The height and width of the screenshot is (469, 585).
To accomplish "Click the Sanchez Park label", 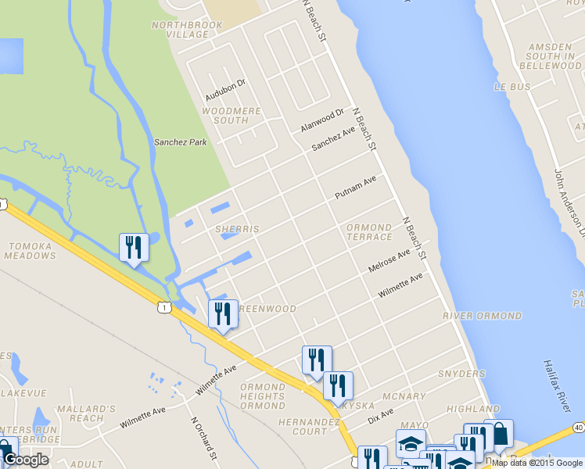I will click(x=180, y=142).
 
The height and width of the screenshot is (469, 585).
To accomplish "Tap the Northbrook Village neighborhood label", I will click(x=187, y=30).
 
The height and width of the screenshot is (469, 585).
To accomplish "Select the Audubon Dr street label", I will click(x=225, y=89).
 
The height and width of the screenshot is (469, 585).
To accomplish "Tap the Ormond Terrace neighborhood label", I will click(x=369, y=232).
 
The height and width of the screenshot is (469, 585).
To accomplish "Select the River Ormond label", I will click(x=482, y=316).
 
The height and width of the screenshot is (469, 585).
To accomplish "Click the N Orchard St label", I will click(x=203, y=437).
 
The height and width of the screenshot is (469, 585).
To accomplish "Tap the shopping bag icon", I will click(x=499, y=434).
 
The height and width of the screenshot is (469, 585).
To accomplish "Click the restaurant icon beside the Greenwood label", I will click(x=223, y=313).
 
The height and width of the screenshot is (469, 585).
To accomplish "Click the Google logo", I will click(x=26, y=460).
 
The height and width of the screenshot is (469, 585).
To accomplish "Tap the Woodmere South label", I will click(x=231, y=116).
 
